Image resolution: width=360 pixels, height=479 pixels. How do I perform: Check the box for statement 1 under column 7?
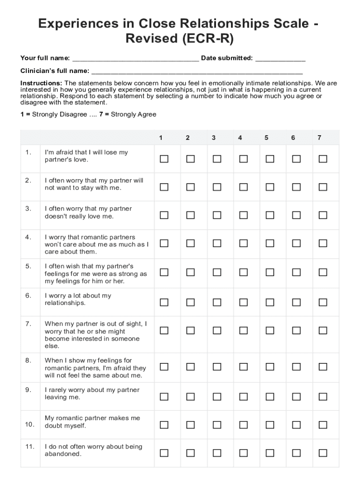(x=323, y=159)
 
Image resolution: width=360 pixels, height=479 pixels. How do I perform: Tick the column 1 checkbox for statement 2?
(x=164, y=187)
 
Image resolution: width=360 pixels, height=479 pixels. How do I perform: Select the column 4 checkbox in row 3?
(x=244, y=215)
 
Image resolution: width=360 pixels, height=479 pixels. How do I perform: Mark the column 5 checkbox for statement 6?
(x=270, y=302)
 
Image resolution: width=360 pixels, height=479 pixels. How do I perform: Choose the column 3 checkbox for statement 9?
(x=217, y=397)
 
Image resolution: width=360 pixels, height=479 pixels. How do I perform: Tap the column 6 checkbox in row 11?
(x=296, y=453)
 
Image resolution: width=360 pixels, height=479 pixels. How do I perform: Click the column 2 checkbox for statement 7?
(x=190, y=330)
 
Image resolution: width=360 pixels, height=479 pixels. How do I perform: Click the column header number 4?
(x=240, y=138)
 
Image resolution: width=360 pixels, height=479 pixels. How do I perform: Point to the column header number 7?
(x=319, y=138)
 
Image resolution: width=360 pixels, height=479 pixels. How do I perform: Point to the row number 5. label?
(x=29, y=266)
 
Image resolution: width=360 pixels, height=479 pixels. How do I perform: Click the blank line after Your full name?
(x=135, y=59)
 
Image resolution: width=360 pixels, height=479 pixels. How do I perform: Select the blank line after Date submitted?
(x=280, y=59)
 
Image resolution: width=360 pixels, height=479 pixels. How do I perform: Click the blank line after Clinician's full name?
(x=197, y=72)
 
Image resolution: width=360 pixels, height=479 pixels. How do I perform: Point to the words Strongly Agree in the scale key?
(x=133, y=115)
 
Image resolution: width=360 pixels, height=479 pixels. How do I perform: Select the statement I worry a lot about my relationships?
(x=78, y=299)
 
